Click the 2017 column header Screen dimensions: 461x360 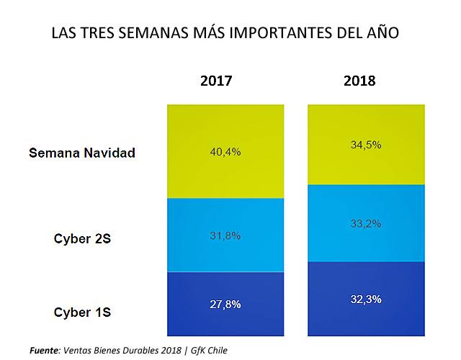point(216,81)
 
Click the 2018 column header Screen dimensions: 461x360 point(359,81)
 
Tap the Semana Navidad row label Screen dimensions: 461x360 point(82,153)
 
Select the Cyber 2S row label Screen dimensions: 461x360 point(82,238)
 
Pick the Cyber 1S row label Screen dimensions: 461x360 point(82,312)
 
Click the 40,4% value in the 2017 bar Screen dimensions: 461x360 point(225,152)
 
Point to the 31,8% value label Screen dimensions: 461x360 point(225,235)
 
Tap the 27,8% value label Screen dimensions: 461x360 point(225,305)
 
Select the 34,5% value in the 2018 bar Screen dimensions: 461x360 point(366,145)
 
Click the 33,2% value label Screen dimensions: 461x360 point(366,224)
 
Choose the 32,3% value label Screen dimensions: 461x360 point(366,300)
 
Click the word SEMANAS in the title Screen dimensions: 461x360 point(153,32)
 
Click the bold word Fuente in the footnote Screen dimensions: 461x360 point(44,351)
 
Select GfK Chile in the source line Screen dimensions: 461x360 point(209,351)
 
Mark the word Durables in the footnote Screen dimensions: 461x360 point(141,351)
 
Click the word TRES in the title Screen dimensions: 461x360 point(97,32)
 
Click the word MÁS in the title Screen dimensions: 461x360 point(209,32)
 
